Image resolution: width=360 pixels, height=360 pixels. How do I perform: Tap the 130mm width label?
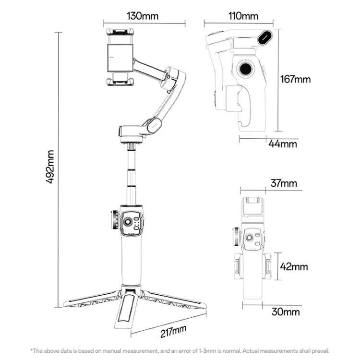pyautogui.click(x=143, y=15)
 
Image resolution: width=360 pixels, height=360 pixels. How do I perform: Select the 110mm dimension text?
pyautogui.click(x=243, y=16)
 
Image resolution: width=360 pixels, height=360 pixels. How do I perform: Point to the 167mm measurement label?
pyautogui.click(x=296, y=79)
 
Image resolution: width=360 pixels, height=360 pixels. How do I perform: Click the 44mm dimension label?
pyautogui.click(x=283, y=143)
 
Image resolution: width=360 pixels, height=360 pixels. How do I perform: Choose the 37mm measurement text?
pyautogui.click(x=283, y=183)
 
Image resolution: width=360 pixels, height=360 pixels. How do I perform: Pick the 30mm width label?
pyautogui.click(x=285, y=312)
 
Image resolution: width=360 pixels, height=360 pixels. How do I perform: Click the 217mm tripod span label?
pyautogui.click(x=172, y=331)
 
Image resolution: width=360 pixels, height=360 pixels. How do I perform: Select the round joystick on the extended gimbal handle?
pyautogui.click(x=129, y=223)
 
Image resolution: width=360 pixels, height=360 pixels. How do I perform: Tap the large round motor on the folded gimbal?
pyautogui.click(x=246, y=69)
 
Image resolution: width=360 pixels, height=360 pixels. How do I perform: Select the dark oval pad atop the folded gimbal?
pyautogui.click(x=265, y=37)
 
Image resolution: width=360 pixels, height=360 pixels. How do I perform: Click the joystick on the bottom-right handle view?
pyautogui.click(x=250, y=239)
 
